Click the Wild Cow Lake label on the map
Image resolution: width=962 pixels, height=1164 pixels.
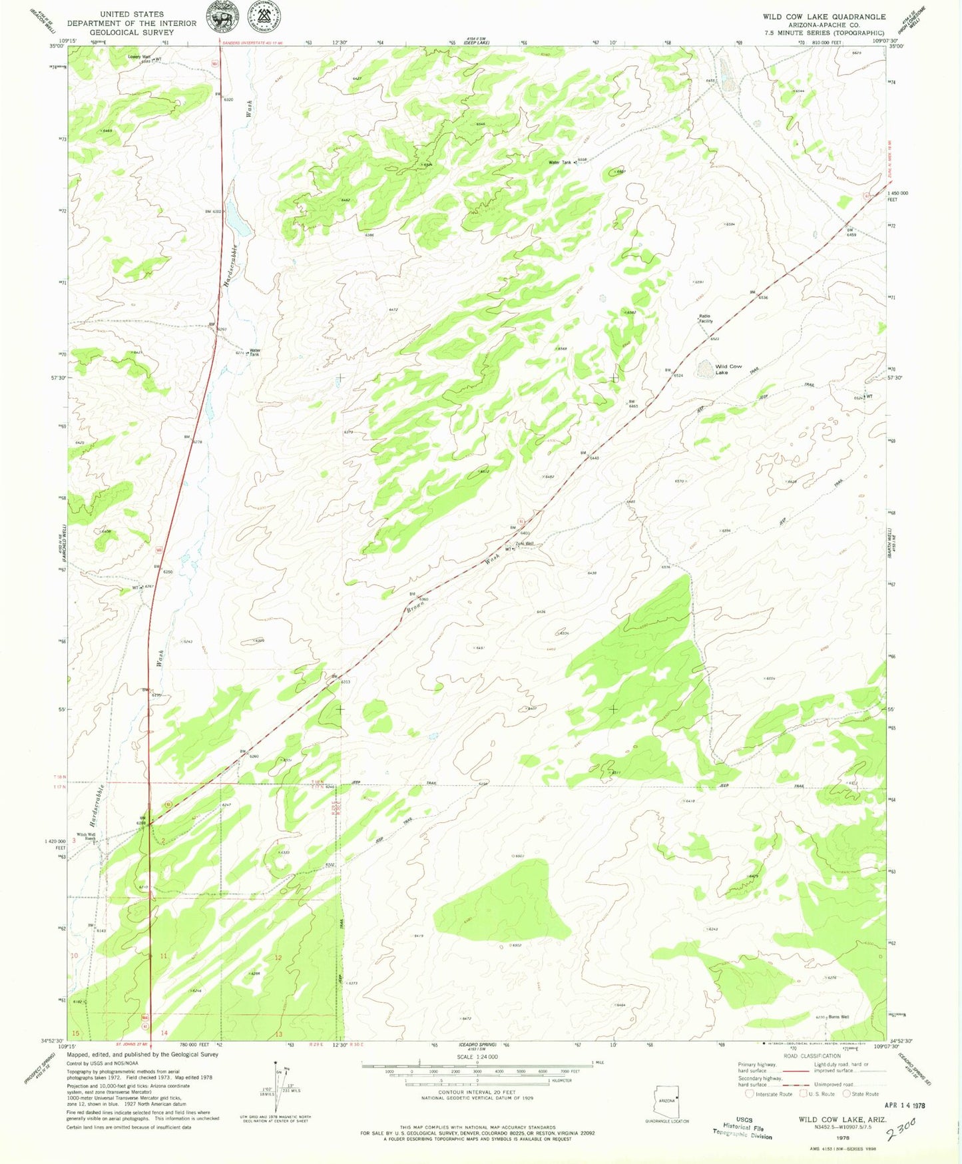(728, 370)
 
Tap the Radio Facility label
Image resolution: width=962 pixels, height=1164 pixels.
(705, 318)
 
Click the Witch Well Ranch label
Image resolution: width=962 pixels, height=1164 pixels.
(86, 836)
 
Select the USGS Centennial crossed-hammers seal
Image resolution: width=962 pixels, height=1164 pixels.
(264, 17)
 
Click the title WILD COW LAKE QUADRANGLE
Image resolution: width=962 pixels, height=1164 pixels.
(824, 17)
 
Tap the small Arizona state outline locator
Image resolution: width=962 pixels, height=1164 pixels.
(666, 1099)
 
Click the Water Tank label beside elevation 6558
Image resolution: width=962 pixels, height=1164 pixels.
(559, 162)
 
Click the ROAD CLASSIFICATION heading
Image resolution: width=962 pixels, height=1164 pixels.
(812, 1055)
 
